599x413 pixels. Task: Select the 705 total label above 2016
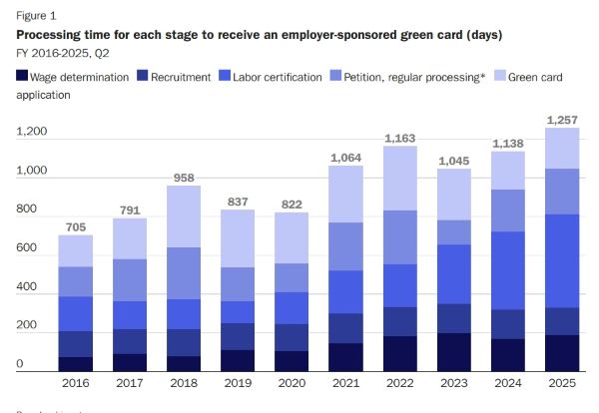(x=76, y=226)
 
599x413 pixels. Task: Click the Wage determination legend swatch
(x=21, y=77)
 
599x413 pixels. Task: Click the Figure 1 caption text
(x=35, y=16)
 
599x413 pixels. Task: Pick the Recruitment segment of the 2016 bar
(x=76, y=344)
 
